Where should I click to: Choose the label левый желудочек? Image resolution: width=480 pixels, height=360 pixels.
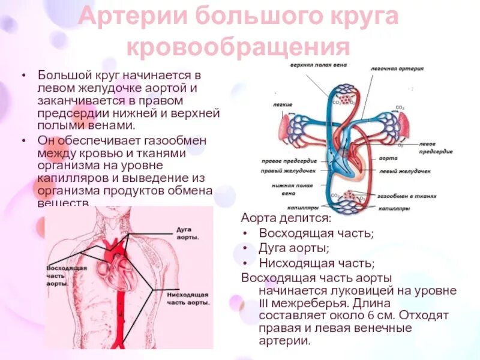[405, 172]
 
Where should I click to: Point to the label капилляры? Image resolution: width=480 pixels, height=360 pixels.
[393, 208]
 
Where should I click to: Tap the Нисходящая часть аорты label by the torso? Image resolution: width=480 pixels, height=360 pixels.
[188, 299]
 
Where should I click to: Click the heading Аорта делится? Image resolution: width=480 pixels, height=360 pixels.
[286, 218]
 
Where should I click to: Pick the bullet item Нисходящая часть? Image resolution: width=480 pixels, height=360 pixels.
[317, 263]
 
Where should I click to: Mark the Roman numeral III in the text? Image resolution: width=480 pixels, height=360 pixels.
[263, 304]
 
